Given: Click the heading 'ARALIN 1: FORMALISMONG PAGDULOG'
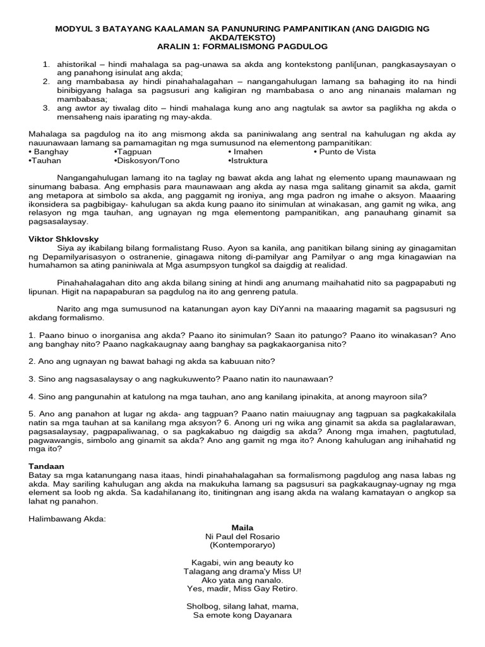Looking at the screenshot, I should [242, 47].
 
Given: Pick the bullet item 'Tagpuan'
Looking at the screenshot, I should [133, 152].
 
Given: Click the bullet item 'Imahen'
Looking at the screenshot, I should [246, 152].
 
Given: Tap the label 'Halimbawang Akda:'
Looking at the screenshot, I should [68, 518].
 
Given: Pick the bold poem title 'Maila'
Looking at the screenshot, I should [242, 527].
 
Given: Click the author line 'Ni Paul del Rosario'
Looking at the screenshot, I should [242, 535].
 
